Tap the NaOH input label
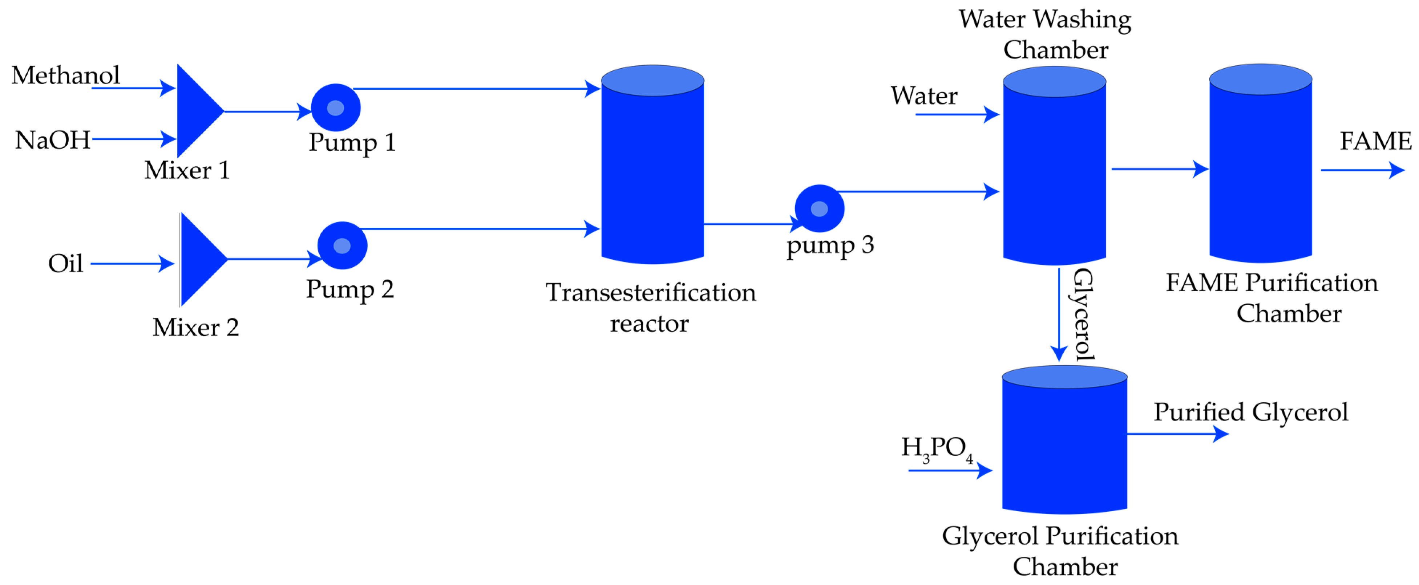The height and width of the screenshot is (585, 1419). tap(52, 140)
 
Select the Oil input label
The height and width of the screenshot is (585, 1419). tap(65, 263)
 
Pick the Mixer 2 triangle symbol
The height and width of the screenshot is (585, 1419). tap(199, 259)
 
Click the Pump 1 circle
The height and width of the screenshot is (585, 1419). tap(335, 107)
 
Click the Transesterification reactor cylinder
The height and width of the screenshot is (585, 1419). tap(652, 165)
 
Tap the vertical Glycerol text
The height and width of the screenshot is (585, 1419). tap(1083, 314)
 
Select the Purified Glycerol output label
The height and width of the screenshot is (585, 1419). tap(1250, 412)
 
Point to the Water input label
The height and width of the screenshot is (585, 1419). tap(924, 96)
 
